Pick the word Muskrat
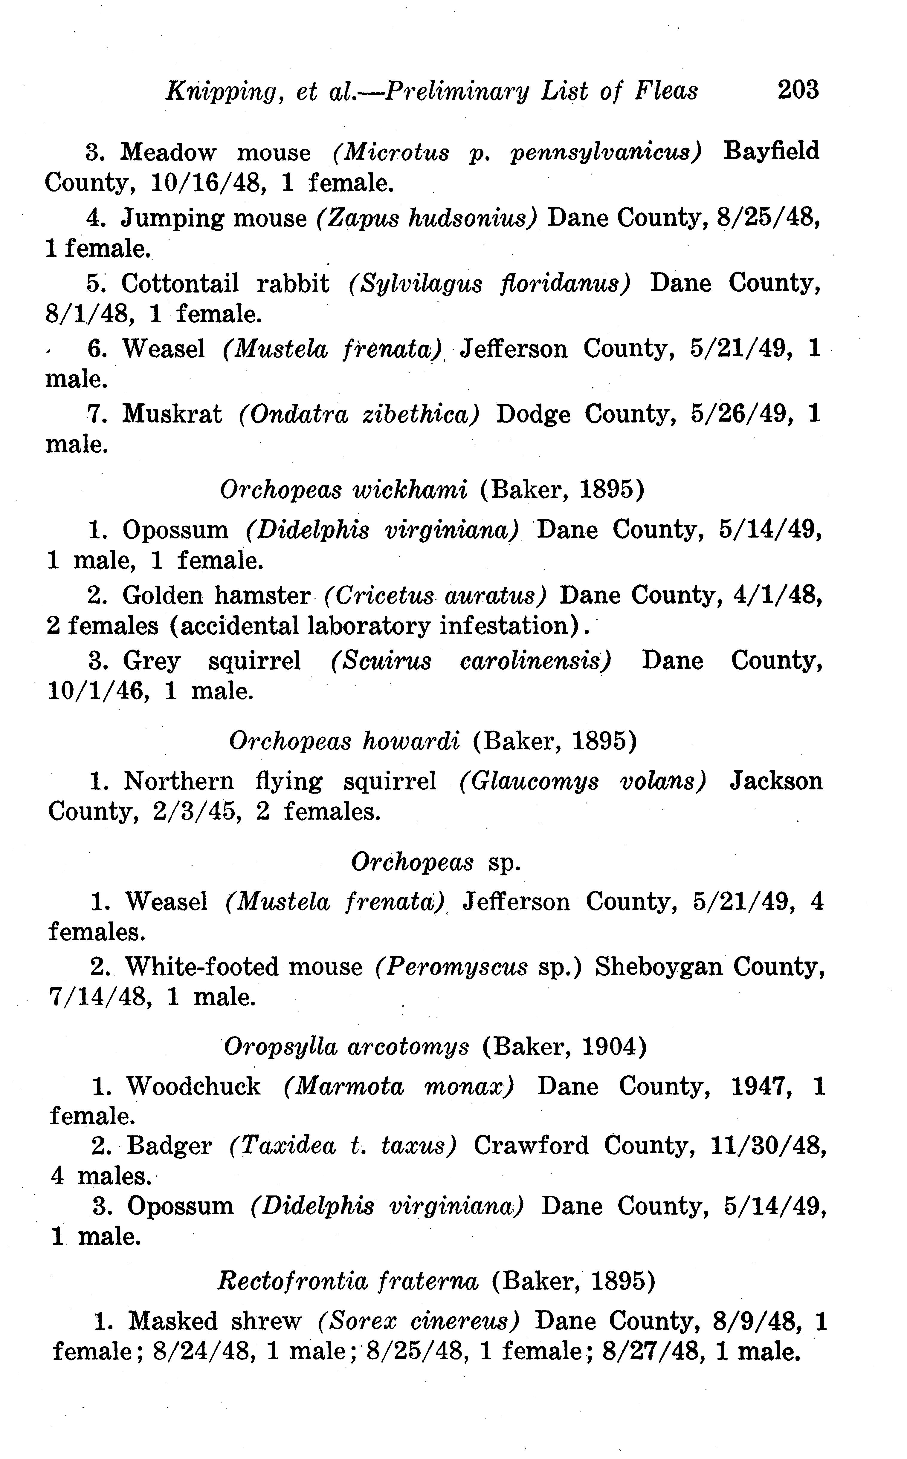tap(172, 414)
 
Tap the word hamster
tap(262, 596)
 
